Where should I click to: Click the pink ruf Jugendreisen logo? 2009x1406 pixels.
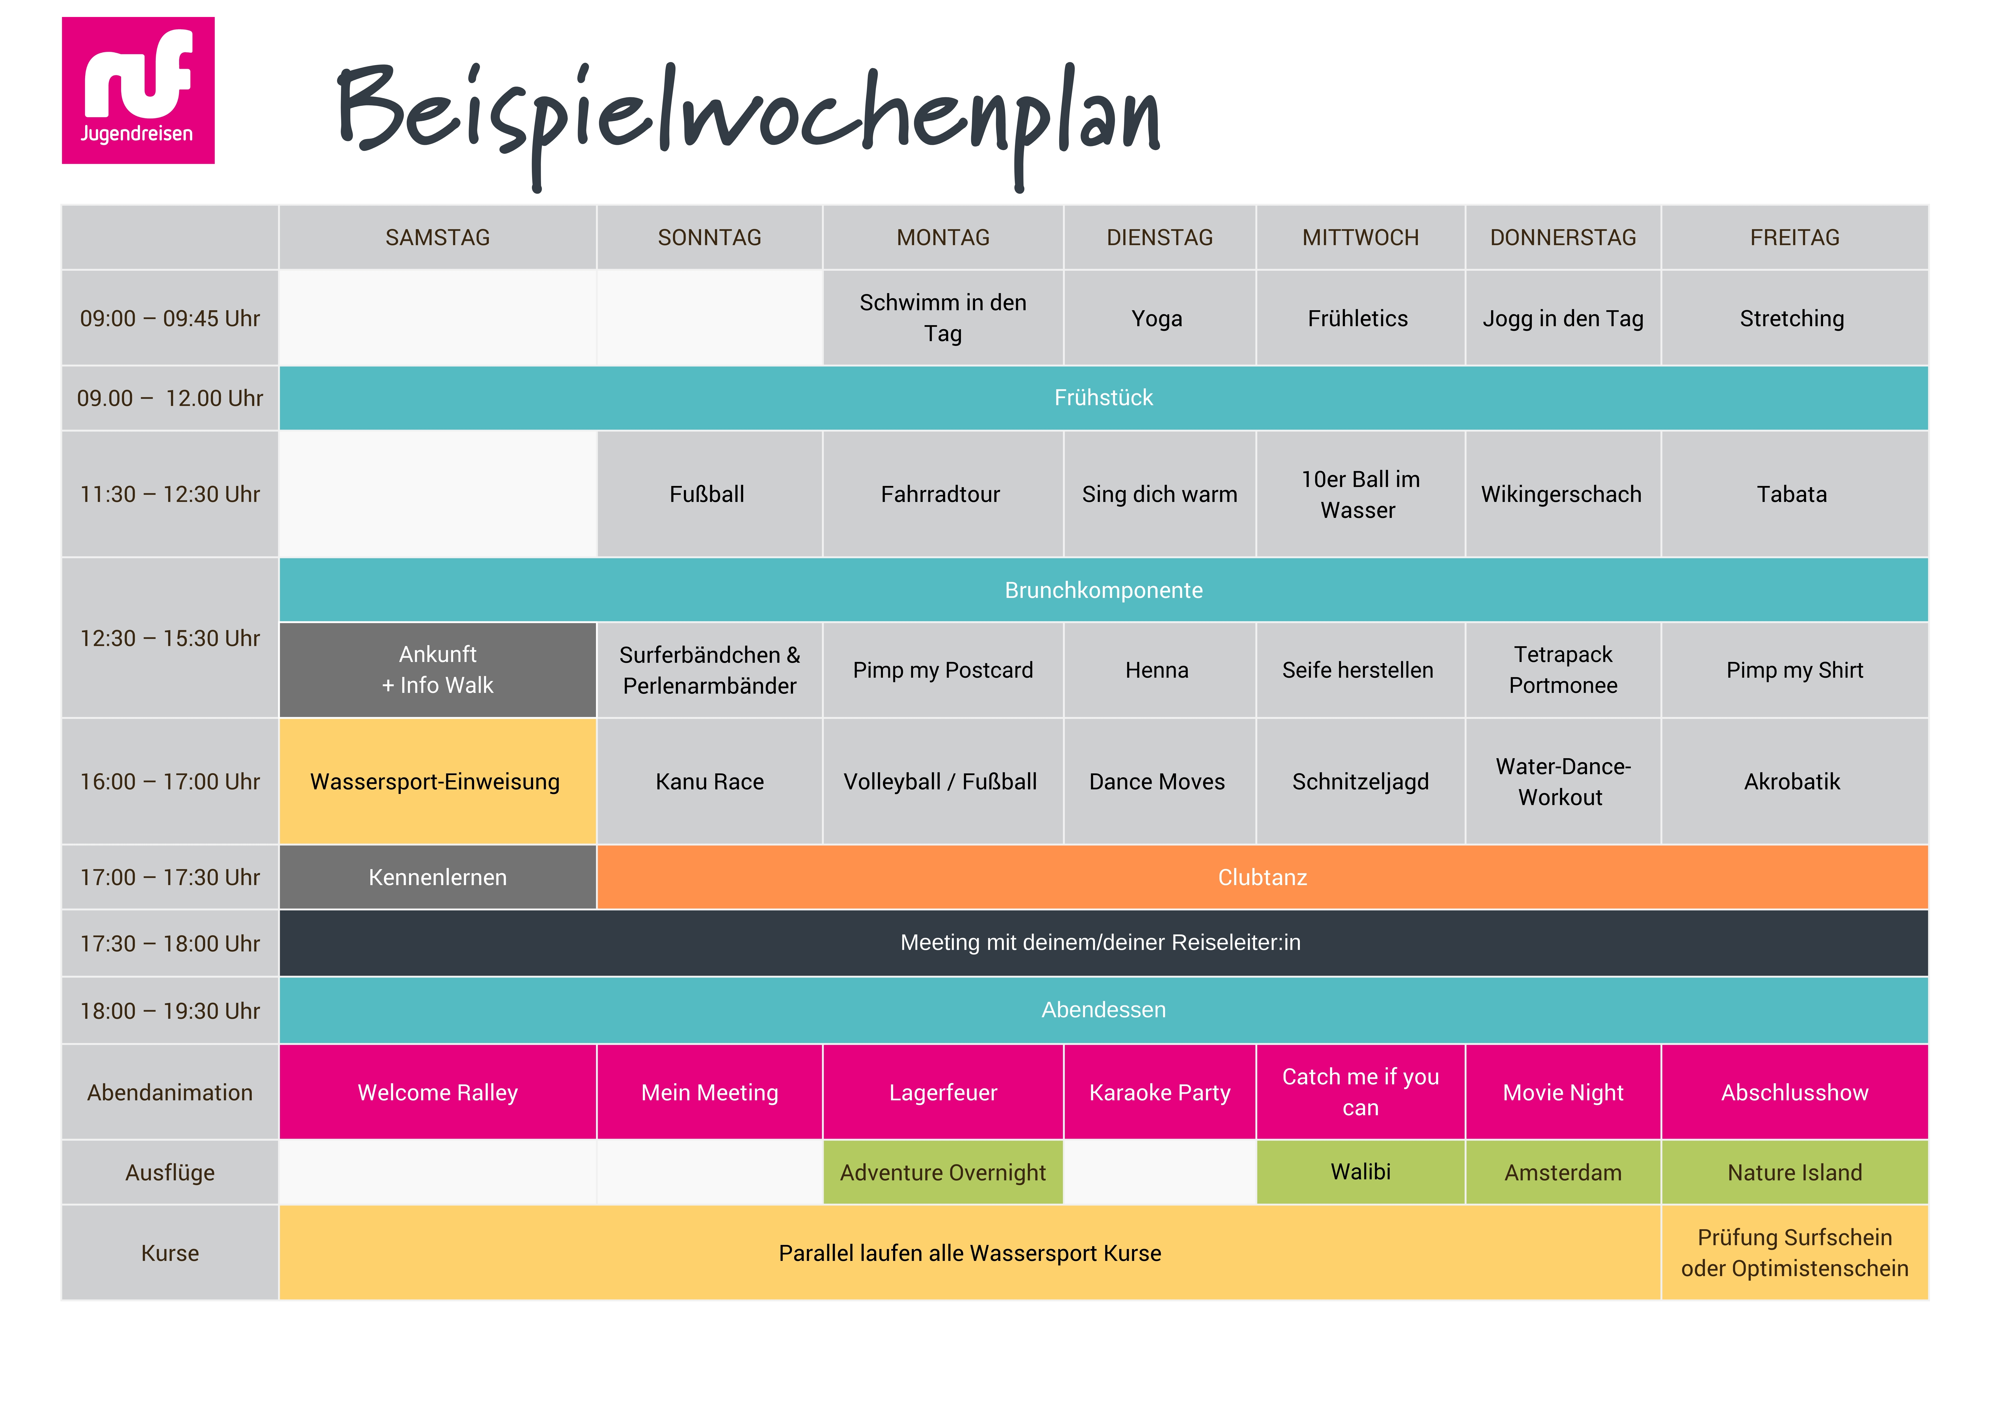tap(138, 90)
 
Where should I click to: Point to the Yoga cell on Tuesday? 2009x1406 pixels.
tap(1159, 319)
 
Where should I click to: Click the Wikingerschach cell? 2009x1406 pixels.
tap(1563, 494)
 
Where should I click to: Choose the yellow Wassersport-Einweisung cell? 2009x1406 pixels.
tap(437, 781)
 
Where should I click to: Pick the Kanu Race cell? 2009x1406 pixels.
tap(710, 781)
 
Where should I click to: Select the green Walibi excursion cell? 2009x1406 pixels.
tap(1361, 1173)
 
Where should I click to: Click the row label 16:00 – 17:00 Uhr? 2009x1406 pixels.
tap(170, 781)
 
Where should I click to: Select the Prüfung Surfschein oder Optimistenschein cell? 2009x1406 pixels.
tap(1795, 1253)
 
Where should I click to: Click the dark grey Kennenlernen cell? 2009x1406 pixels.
tap(437, 877)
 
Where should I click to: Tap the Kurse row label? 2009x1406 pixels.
tap(170, 1253)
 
